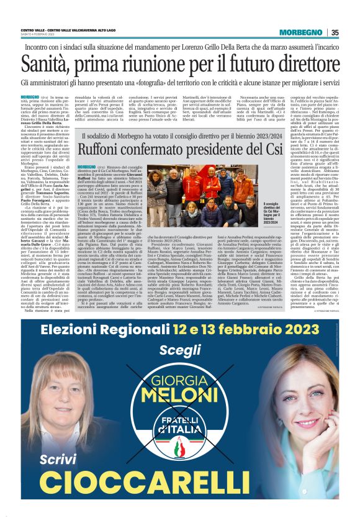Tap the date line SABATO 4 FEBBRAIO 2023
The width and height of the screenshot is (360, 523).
point(38,34)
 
